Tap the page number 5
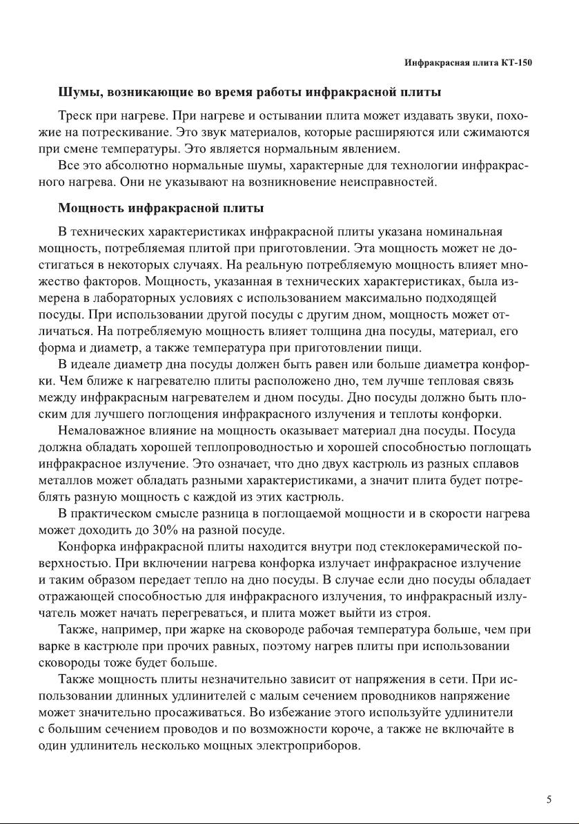[549, 800]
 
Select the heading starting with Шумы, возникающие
[250, 92]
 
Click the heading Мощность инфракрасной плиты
[161, 208]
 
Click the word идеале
[104, 364]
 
